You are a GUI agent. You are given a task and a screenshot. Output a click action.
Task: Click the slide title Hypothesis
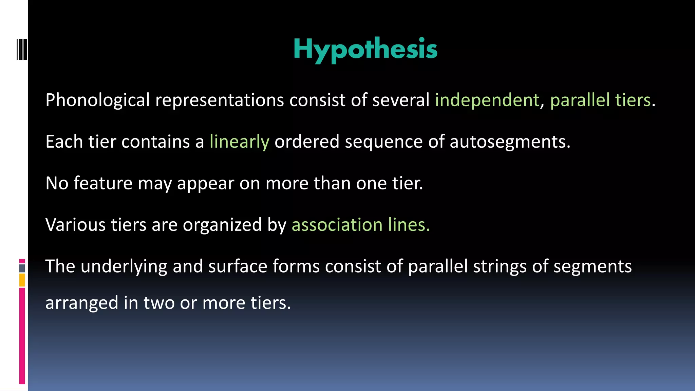click(365, 49)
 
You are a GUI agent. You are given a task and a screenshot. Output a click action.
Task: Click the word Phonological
click(98, 100)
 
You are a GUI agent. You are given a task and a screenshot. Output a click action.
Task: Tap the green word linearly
click(239, 142)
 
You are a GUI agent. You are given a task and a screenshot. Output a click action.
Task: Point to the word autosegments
click(510, 142)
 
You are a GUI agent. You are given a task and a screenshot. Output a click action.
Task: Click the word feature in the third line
click(103, 183)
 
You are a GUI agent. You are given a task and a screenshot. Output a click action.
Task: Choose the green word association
click(337, 225)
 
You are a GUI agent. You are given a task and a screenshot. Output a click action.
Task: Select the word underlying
click(124, 266)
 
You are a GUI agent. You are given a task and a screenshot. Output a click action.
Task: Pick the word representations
click(219, 100)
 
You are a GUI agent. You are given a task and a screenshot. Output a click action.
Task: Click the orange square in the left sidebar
click(22, 280)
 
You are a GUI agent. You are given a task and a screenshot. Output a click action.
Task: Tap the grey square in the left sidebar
click(22, 268)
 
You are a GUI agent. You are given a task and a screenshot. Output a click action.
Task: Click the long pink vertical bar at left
click(22, 336)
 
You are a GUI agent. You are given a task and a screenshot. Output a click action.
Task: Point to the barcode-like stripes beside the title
click(22, 50)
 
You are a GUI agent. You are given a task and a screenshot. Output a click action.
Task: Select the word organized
click(222, 225)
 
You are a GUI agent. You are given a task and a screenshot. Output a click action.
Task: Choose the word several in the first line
click(401, 100)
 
